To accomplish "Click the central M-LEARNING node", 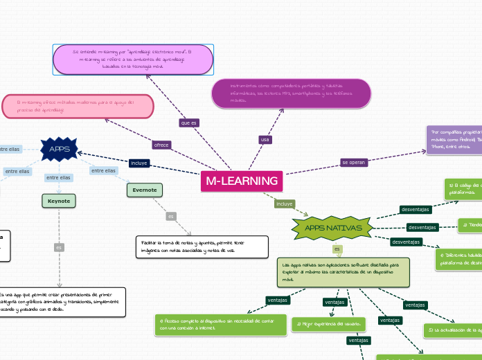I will (242, 181).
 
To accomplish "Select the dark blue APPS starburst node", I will (60, 148).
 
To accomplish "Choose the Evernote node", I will (145, 190).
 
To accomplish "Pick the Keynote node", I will (59, 201).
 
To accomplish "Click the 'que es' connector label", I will (188, 123).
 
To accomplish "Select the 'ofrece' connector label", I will (161, 145).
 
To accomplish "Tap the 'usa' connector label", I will (265, 140).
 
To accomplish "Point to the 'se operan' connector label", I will (353, 162).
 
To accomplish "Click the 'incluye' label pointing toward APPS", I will (139, 163).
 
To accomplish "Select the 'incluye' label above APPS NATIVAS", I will (284, 204).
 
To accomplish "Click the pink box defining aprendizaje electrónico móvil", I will (133, 60).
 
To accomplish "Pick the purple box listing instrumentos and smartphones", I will (292, 93).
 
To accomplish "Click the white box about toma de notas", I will (202, 226).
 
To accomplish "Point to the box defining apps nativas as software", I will (342, 253).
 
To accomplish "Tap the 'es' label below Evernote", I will (170, 217).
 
